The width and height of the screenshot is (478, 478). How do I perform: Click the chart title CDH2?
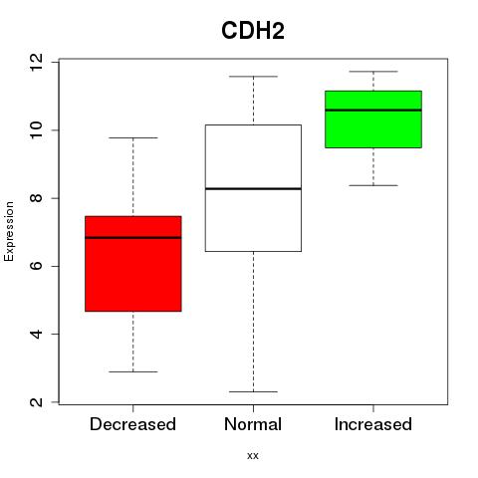(253, 31)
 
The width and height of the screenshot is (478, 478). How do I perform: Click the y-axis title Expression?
(9, 231)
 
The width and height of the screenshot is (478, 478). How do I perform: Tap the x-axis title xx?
(253, 455)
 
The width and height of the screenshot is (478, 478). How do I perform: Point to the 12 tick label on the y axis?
(36, 62)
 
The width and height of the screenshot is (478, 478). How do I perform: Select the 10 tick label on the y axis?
(36, 130)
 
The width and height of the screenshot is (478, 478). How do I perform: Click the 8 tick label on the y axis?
(36, 198)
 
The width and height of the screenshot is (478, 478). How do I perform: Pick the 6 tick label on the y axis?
(36, 266)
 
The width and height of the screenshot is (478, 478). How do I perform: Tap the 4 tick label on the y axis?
(36, 334)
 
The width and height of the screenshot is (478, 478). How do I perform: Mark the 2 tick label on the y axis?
(36, 402)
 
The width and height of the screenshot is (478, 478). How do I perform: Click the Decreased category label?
(132, 424)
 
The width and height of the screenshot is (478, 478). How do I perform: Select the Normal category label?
(253, 424)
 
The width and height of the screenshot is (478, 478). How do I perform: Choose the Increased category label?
(373, 424)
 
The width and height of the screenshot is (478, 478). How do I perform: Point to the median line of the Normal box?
(253, 188)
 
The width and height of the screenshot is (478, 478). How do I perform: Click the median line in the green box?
(373, 110)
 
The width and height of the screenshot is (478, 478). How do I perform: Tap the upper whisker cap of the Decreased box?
(133, 137)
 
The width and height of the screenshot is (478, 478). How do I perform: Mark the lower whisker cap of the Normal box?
(253, 391)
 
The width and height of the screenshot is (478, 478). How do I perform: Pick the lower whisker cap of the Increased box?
(373, 185)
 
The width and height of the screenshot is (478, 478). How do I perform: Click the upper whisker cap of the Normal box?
(253, 77)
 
